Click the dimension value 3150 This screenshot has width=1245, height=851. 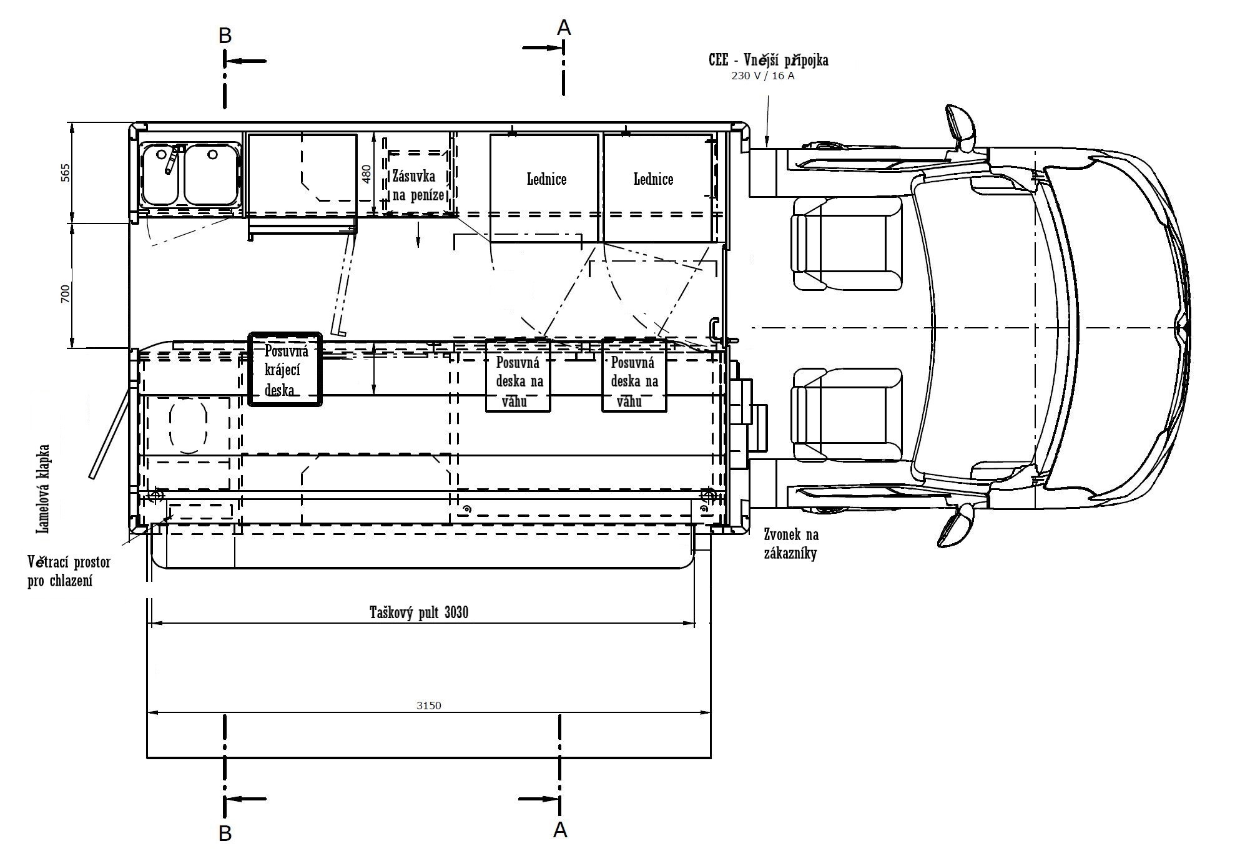click(428, 706)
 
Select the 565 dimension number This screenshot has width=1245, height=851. click(66, 173)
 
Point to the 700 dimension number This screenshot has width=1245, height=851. click(66, 293)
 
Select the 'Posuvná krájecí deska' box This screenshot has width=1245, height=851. click(285, 369)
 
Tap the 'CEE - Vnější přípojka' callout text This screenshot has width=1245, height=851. click(769, 60)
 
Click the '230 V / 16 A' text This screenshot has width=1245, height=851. click(763, 76)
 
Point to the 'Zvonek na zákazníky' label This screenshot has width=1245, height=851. click(791, 544)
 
